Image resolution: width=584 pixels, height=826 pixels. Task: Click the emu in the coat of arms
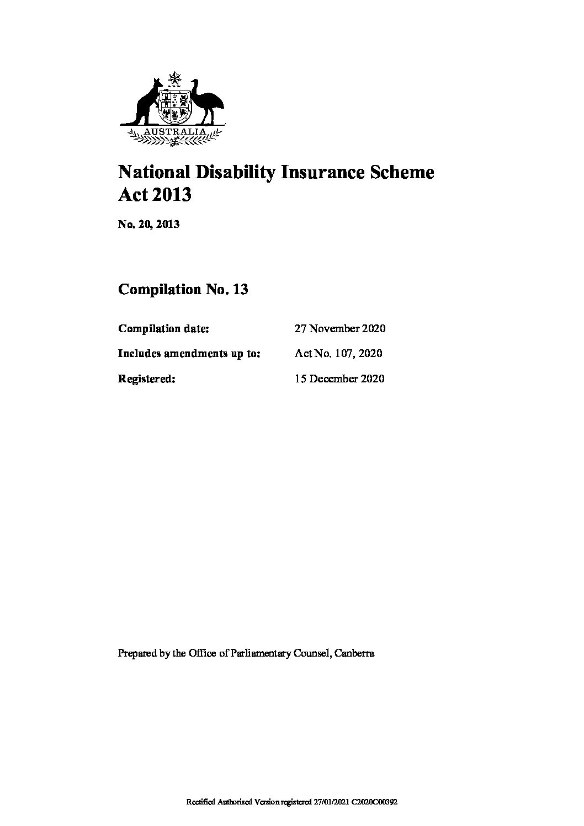pos(208,100)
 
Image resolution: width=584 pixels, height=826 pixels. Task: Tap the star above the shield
pos(175,79)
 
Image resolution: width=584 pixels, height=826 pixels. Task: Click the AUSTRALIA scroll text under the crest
pos(175,132)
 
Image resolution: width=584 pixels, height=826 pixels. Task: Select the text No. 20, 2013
pos(148,224)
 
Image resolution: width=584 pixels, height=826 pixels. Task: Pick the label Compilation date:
pos(163,328)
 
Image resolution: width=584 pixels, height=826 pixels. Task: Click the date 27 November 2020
pos(340,328)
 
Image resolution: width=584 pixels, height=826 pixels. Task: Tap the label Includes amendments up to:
pos(189,353)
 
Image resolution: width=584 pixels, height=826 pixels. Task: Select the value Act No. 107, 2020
pos(338,353)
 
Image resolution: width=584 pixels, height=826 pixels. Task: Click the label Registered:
pos(147,379)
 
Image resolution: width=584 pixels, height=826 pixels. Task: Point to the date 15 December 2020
pos(339,379)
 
